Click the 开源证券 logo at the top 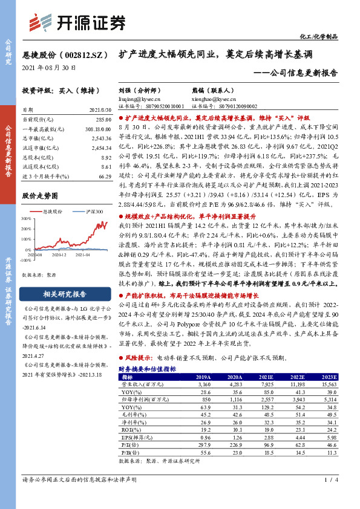[x=77, y=22]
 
